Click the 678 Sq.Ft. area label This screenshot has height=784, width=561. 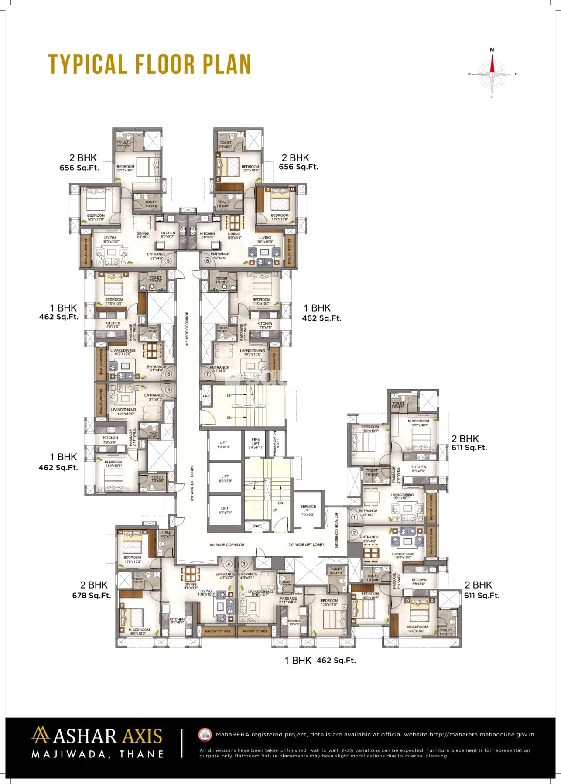92,595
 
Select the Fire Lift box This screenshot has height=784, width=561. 256,443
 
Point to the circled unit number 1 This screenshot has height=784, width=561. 354,517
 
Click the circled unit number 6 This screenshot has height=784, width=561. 169,374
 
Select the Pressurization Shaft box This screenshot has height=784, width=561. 275,443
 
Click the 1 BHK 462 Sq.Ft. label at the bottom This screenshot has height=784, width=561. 320,660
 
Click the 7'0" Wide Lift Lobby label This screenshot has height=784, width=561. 306,544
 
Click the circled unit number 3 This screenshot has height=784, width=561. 244,564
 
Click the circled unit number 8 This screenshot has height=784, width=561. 207,261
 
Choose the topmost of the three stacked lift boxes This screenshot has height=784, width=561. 225,444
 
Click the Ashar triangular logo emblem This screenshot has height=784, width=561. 41,736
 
